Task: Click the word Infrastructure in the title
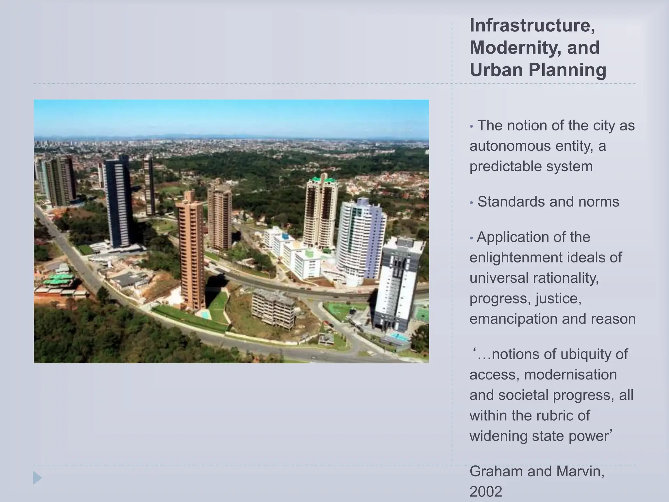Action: [532, 25]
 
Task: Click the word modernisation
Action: [570, 375]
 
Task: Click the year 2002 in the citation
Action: [486, 492]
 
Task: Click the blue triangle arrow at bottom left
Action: [37, 478]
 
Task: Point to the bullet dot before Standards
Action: [471, 203]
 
